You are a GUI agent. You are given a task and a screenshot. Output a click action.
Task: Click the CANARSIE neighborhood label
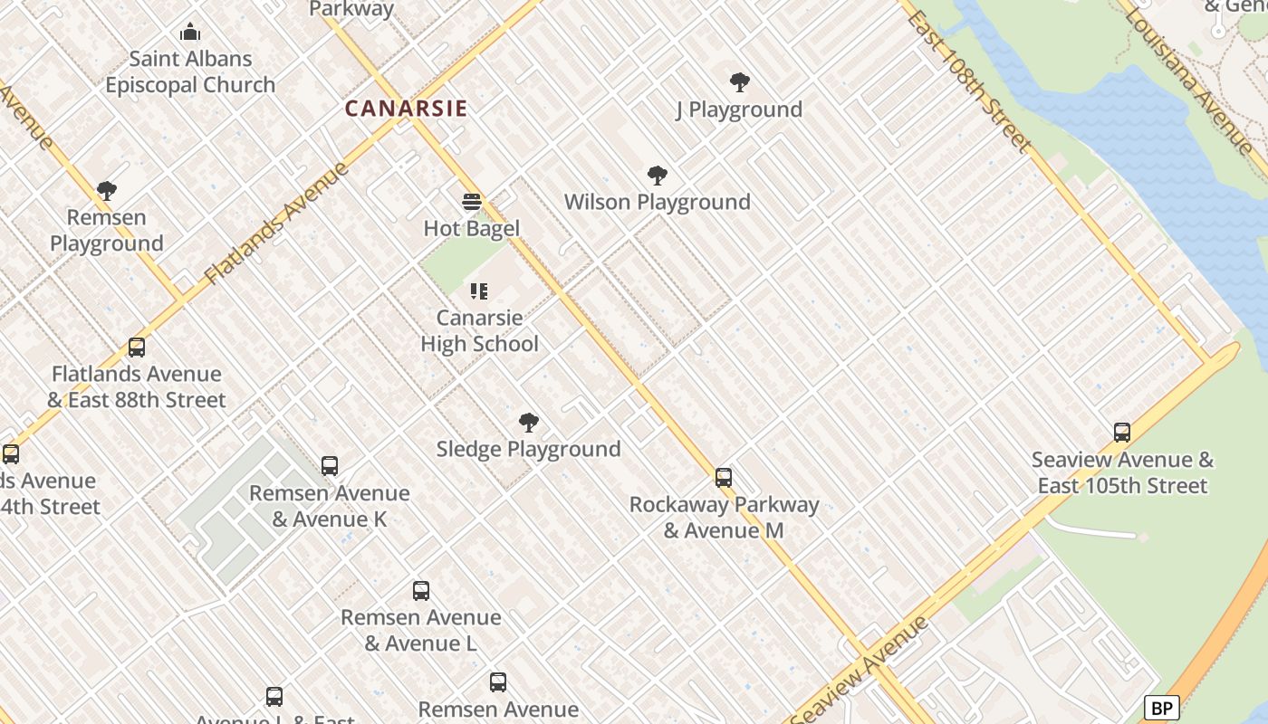406,109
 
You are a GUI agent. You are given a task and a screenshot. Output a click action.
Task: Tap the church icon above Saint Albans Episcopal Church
190,33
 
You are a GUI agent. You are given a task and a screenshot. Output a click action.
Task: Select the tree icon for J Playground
739,82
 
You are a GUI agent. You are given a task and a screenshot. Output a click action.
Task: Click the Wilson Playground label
657,202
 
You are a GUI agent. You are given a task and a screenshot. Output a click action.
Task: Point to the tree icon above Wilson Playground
658,176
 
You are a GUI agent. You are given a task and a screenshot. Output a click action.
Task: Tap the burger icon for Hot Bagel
471,201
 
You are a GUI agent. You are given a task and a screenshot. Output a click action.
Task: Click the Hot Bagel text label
471,228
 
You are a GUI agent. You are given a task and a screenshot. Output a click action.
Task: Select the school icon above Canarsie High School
479,291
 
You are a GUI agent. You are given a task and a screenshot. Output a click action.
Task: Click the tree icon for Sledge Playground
529,423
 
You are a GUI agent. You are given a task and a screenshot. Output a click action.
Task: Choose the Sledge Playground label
529,449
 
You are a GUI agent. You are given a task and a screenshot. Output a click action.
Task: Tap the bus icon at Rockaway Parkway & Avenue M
723,477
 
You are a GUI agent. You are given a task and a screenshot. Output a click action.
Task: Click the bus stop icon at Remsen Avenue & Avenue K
330,466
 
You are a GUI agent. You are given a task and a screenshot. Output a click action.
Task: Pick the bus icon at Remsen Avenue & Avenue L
421,591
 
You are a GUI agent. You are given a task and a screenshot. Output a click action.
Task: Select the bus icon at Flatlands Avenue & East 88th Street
137,348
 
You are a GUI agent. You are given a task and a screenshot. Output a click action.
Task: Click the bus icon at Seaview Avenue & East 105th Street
1122,433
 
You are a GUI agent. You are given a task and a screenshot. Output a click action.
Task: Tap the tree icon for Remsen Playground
107,191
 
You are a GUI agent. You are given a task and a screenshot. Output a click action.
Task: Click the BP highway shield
1160,708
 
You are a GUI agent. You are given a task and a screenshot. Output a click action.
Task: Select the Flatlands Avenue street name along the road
276,224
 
